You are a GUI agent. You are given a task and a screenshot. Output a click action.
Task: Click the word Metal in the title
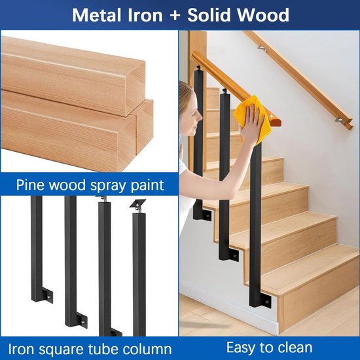[96, 15]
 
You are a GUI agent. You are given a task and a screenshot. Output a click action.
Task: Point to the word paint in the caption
[144, 185]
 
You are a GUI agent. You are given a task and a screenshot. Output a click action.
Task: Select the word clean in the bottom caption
[293, 347]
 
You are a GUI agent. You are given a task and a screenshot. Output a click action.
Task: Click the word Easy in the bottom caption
[241, 347]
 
